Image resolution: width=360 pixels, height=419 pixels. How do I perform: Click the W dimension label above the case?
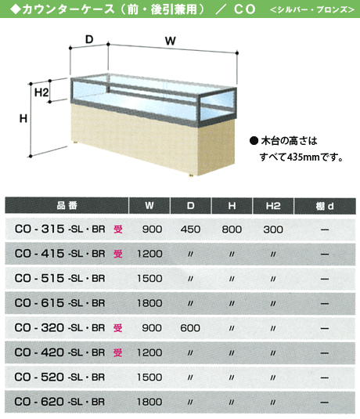[170, 42]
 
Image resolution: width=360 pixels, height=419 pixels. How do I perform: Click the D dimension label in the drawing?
[89, 39]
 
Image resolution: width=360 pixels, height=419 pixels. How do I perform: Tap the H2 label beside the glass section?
[41, 92]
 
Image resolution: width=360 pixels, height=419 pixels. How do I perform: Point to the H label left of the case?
[23, 118]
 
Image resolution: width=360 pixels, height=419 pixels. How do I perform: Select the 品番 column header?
[67, 205]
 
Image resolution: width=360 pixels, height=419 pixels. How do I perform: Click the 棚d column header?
[325, 206]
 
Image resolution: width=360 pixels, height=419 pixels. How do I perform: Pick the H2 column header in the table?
[273, 206]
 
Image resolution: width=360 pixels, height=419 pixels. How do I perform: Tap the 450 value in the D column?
[190, 229]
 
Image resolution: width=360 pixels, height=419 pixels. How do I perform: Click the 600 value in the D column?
[190, 328]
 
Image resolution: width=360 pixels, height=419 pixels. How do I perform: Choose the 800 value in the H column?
[232, 229]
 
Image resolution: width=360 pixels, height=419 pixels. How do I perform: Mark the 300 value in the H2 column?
[273, 229]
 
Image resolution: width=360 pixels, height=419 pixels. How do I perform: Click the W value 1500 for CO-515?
[149, 279]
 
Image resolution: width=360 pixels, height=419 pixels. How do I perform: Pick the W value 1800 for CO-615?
[149, 303]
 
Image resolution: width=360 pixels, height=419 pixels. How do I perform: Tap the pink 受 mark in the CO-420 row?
[117, 352]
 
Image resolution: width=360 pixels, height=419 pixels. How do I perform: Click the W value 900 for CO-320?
[152, 328]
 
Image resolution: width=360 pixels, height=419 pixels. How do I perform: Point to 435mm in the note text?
[303, 157]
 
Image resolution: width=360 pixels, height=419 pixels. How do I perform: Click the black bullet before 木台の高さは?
[254, 140]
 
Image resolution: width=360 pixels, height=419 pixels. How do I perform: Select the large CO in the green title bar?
[244, 9]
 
